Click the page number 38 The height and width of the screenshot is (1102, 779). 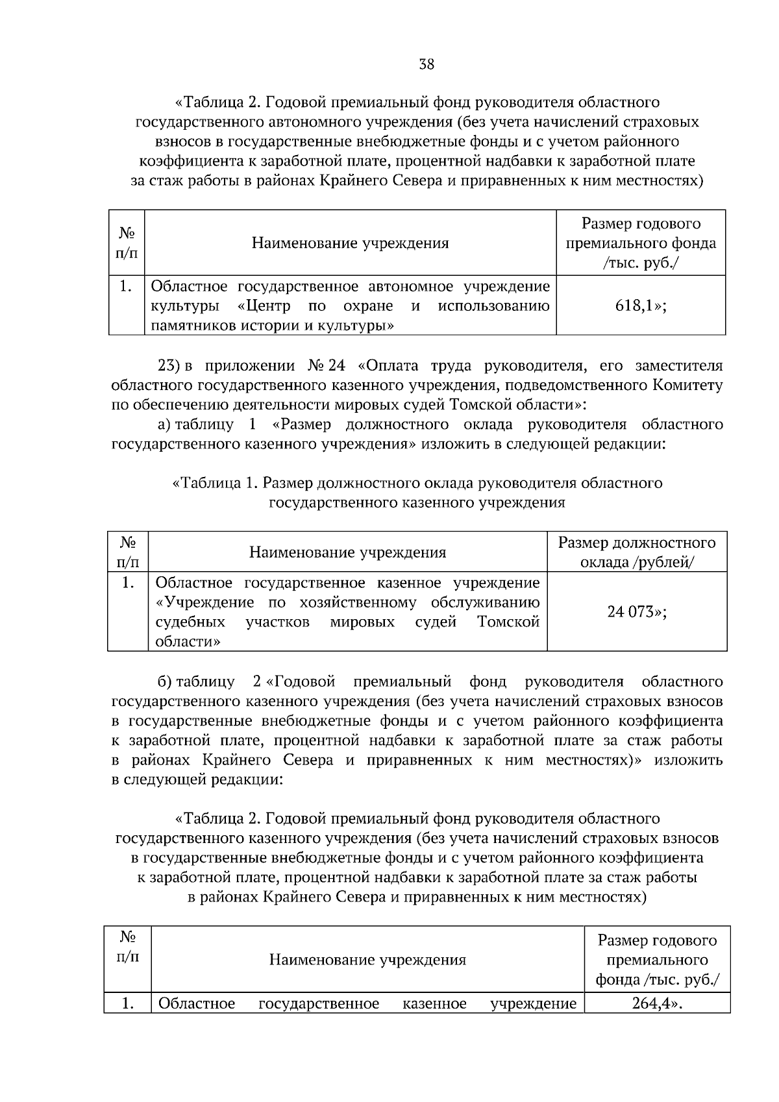[x=427, y=64]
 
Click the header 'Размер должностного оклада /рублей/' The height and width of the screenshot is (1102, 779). [x=637, y=552]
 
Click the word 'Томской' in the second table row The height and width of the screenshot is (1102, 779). [x=508, y=622]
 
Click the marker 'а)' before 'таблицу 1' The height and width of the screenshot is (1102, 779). [x=164, y=424]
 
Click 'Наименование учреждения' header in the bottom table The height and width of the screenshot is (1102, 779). [x=367, y=959]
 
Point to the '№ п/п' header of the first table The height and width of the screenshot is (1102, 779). [x=127, y=243]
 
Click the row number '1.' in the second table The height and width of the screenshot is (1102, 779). [x=129, y=583]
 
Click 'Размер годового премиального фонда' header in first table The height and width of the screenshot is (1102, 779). [x=641, y=243]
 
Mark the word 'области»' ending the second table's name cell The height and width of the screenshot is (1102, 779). [x=188, y=641]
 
